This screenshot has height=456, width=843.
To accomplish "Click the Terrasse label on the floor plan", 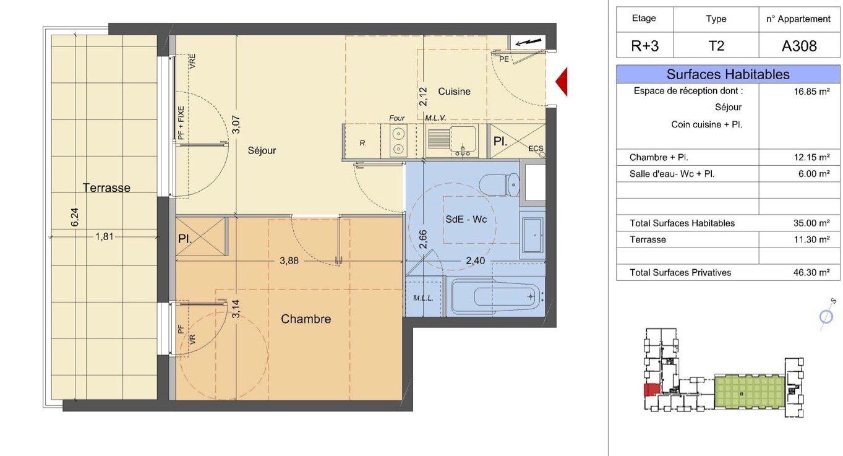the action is pyautogui.click(x=106, y=187).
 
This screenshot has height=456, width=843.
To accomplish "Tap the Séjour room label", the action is pyautogui.click(x=262, y=150).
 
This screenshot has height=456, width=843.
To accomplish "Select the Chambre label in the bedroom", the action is pyautogui.click(x=306, y=319).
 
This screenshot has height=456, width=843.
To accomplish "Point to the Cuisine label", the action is pyautogui.click(x=454, y=92).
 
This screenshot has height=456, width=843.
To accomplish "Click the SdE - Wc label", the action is pyautogui.click(x=466, y=219).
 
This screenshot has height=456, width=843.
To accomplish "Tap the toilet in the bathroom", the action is pyautogui.click(x=499, y=185).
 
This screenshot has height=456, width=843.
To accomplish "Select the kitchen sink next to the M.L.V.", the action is pyautogui.click(x=452, y=141).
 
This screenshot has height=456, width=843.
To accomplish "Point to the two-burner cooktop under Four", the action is pyautogui.click(x=398, y=141).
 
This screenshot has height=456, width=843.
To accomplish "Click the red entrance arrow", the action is pyautogui.click(x=562, y=82).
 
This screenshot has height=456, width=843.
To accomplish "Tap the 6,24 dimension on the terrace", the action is pyautogui.click(x=75, y=217).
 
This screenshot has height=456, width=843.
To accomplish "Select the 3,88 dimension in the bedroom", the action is pyautogui.click(x=289, y=260).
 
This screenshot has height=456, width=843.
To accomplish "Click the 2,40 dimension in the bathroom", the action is pyautogui.click(x=476, y=260).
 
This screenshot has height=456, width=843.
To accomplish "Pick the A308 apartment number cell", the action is pyautogui.click(x=799, y=46).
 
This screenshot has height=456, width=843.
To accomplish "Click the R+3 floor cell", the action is pyautogui.click(x=644, y=46).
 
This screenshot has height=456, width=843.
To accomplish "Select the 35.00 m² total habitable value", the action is pyautogui.click(x=811, y=223).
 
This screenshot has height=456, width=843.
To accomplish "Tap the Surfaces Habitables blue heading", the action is pyautogui.click(x=728, y=74).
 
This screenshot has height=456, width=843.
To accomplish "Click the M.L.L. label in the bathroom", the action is pyautogui.click(x=423, y=298).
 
